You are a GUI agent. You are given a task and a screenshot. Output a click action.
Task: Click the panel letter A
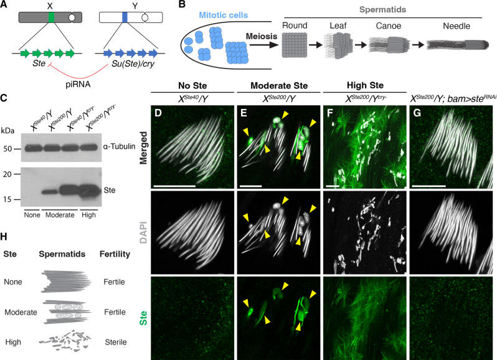(5, 6)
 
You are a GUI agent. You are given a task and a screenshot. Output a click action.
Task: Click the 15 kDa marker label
(9, 198)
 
